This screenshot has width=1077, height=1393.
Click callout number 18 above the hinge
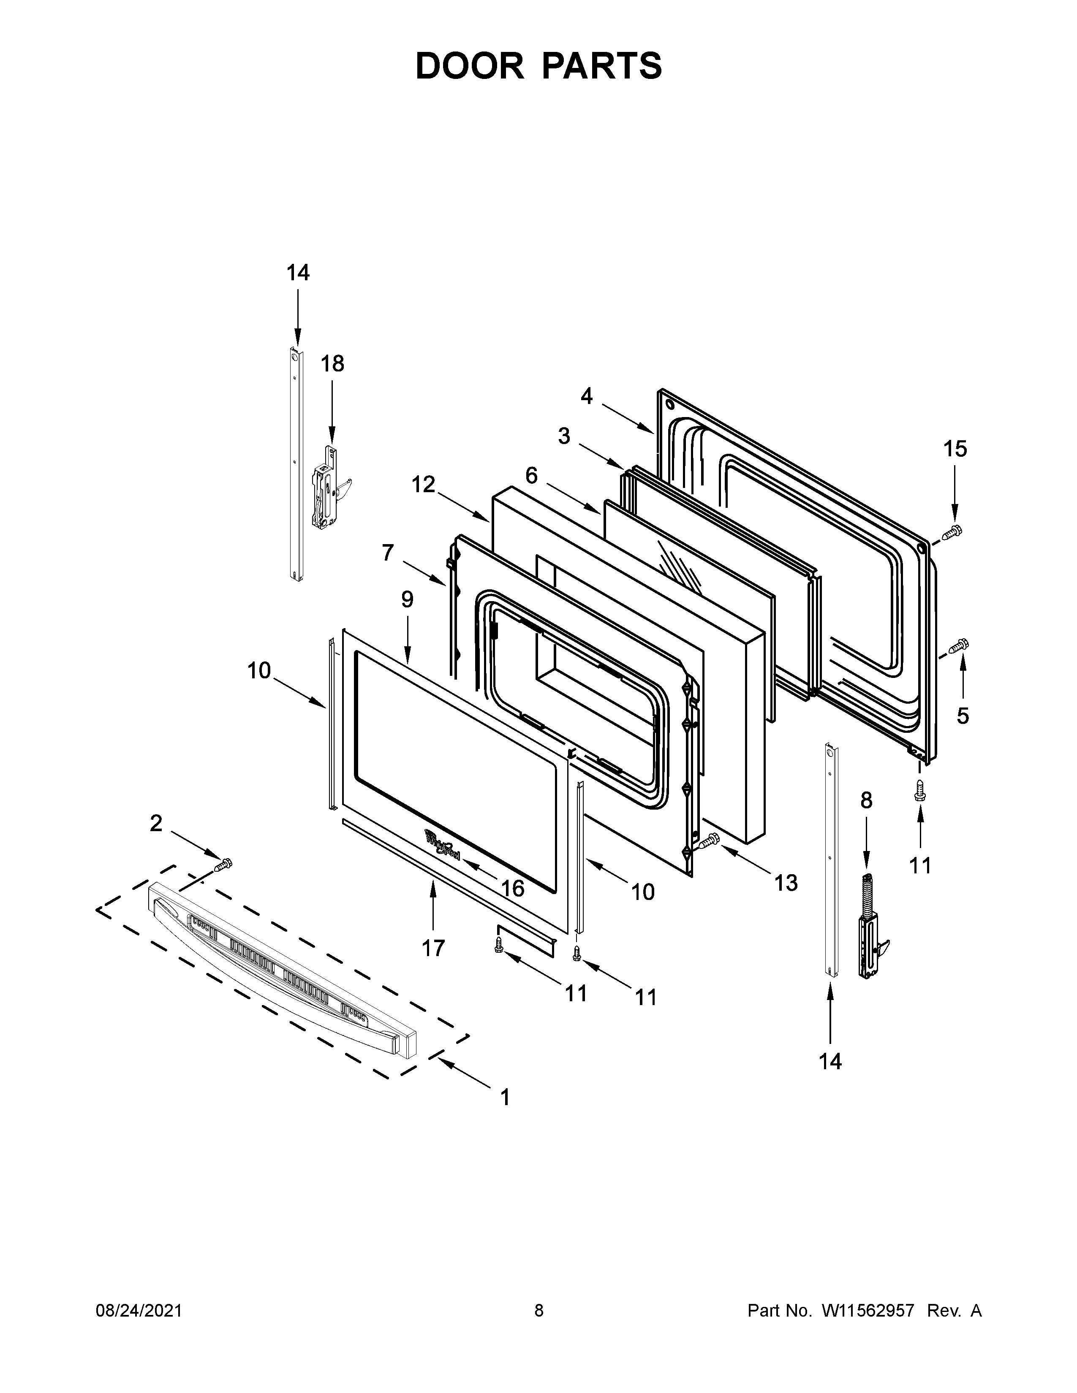click(x=332, y=363)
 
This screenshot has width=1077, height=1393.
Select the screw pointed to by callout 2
click(x=224, y=865)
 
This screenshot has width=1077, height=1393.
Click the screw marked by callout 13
click(x=709, y=842)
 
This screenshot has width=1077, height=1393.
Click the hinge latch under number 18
click(x=326, y=488)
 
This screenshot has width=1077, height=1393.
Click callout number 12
click(x=423, y=485)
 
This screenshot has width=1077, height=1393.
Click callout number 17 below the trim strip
click(x=433, y=966)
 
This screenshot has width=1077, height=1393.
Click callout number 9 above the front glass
click(x=407, y=599)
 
